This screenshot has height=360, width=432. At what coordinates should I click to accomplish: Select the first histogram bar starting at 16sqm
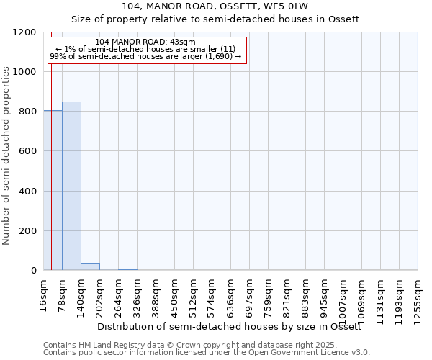[x=53, y=190]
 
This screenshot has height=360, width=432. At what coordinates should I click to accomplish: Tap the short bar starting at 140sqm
[x=90, y=266]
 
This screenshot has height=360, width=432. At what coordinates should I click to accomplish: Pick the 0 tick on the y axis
[x=33, y=271]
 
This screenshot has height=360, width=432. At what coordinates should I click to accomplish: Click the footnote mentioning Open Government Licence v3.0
[x=207, y=353]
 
